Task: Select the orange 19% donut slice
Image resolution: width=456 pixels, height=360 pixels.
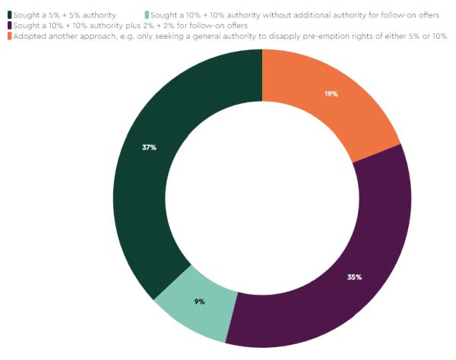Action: pos(334,106)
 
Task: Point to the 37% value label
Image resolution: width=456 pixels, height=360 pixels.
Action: pos(149,147)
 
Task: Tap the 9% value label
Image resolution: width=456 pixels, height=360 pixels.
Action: pos(199,302)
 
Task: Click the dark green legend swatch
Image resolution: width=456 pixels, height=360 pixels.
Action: pos(9,14)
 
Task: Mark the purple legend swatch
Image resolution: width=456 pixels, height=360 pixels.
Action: pos(9,25)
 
